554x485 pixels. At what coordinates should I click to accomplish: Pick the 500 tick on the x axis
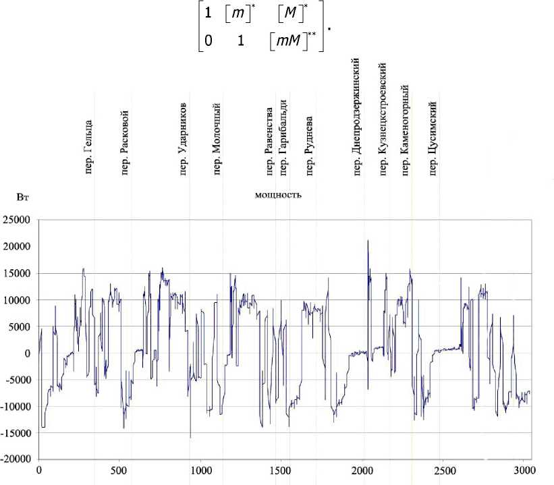pyautogui.click(x=119, y=469)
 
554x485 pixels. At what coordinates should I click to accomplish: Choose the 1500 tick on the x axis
pyautogui.click(x=282, y=469)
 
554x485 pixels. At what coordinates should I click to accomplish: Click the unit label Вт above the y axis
pyautogui.click(x=22, y=198)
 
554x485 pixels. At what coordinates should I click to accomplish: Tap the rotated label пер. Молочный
pyautogui.click(x=217, y=138)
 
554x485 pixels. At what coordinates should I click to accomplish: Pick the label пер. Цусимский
pyautogui.click(x=433, y=138)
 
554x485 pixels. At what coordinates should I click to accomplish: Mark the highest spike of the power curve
pyautogui.click(x=368, y=241)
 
